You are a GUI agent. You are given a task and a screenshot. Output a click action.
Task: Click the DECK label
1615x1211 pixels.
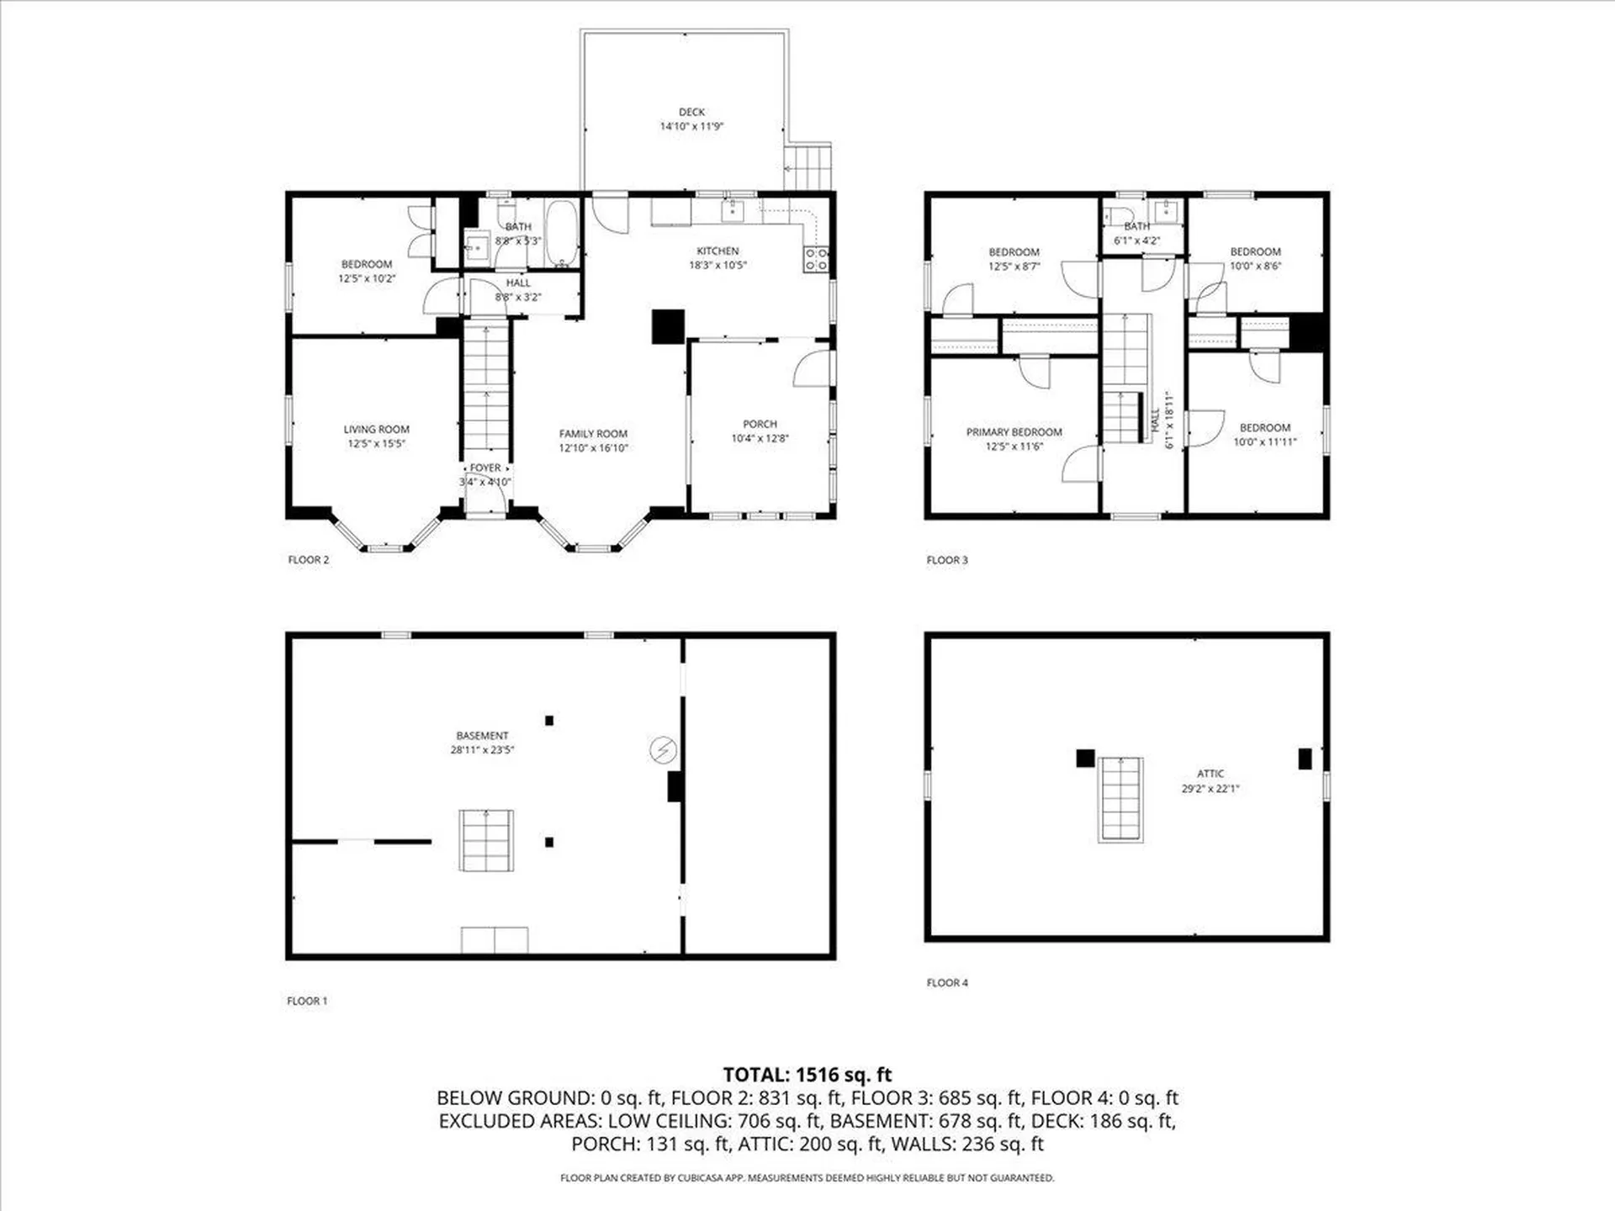691,112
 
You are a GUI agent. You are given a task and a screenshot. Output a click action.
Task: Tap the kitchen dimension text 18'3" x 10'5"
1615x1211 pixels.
717,265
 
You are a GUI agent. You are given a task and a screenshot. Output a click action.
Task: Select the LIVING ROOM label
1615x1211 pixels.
376,429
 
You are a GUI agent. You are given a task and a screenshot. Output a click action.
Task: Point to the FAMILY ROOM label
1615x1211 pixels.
593,434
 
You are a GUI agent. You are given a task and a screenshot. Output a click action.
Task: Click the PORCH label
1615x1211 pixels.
760,424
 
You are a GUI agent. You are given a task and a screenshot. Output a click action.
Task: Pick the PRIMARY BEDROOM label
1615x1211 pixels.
1014,432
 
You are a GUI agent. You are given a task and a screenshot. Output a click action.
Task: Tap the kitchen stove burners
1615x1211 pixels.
816,259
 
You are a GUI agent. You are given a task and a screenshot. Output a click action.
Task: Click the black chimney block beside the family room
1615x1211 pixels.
668,327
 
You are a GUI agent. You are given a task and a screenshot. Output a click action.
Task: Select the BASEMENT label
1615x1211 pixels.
482,736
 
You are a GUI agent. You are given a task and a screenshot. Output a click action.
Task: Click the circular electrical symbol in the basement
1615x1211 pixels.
663,749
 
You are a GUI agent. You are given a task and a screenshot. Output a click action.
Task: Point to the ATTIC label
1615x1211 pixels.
1210,774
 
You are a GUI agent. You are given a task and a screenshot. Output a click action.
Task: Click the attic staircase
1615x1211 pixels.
1120,799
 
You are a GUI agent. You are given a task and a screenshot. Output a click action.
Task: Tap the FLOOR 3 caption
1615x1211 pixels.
947,560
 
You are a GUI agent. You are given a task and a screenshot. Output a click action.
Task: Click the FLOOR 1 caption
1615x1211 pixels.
307,1001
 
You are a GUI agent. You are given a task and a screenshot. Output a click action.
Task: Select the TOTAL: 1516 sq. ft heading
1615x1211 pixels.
807,1074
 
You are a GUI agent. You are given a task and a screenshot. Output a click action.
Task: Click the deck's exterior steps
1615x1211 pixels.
808,167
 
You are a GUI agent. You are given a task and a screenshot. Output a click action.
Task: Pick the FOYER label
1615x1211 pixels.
485,468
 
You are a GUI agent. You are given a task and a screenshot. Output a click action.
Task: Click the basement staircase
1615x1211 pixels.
486,840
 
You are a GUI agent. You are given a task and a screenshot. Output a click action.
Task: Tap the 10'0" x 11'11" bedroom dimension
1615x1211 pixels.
1264,442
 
